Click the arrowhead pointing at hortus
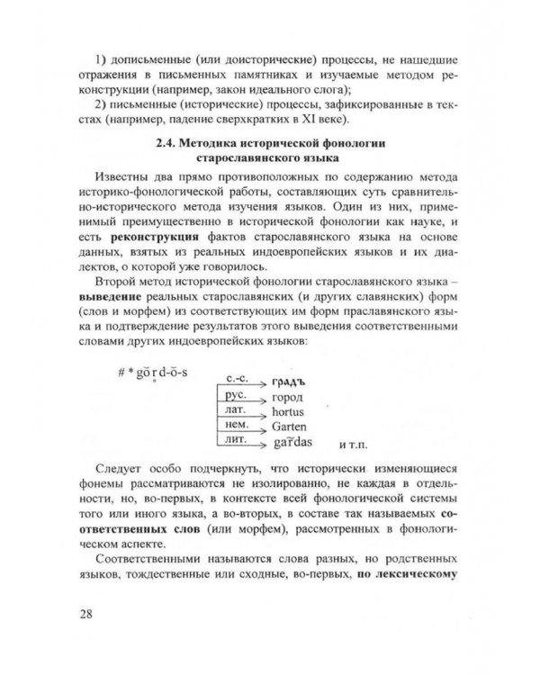pyautogui.click(x=262, y=414)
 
